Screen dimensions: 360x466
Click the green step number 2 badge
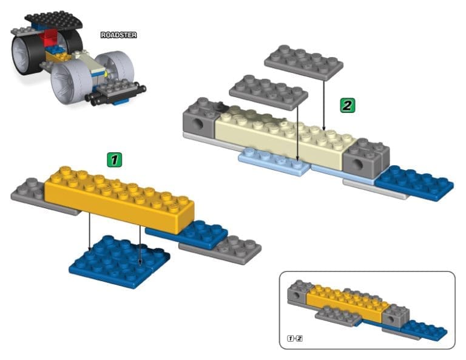tap(346, 105)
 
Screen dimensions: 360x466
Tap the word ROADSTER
tap(118, 35)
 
